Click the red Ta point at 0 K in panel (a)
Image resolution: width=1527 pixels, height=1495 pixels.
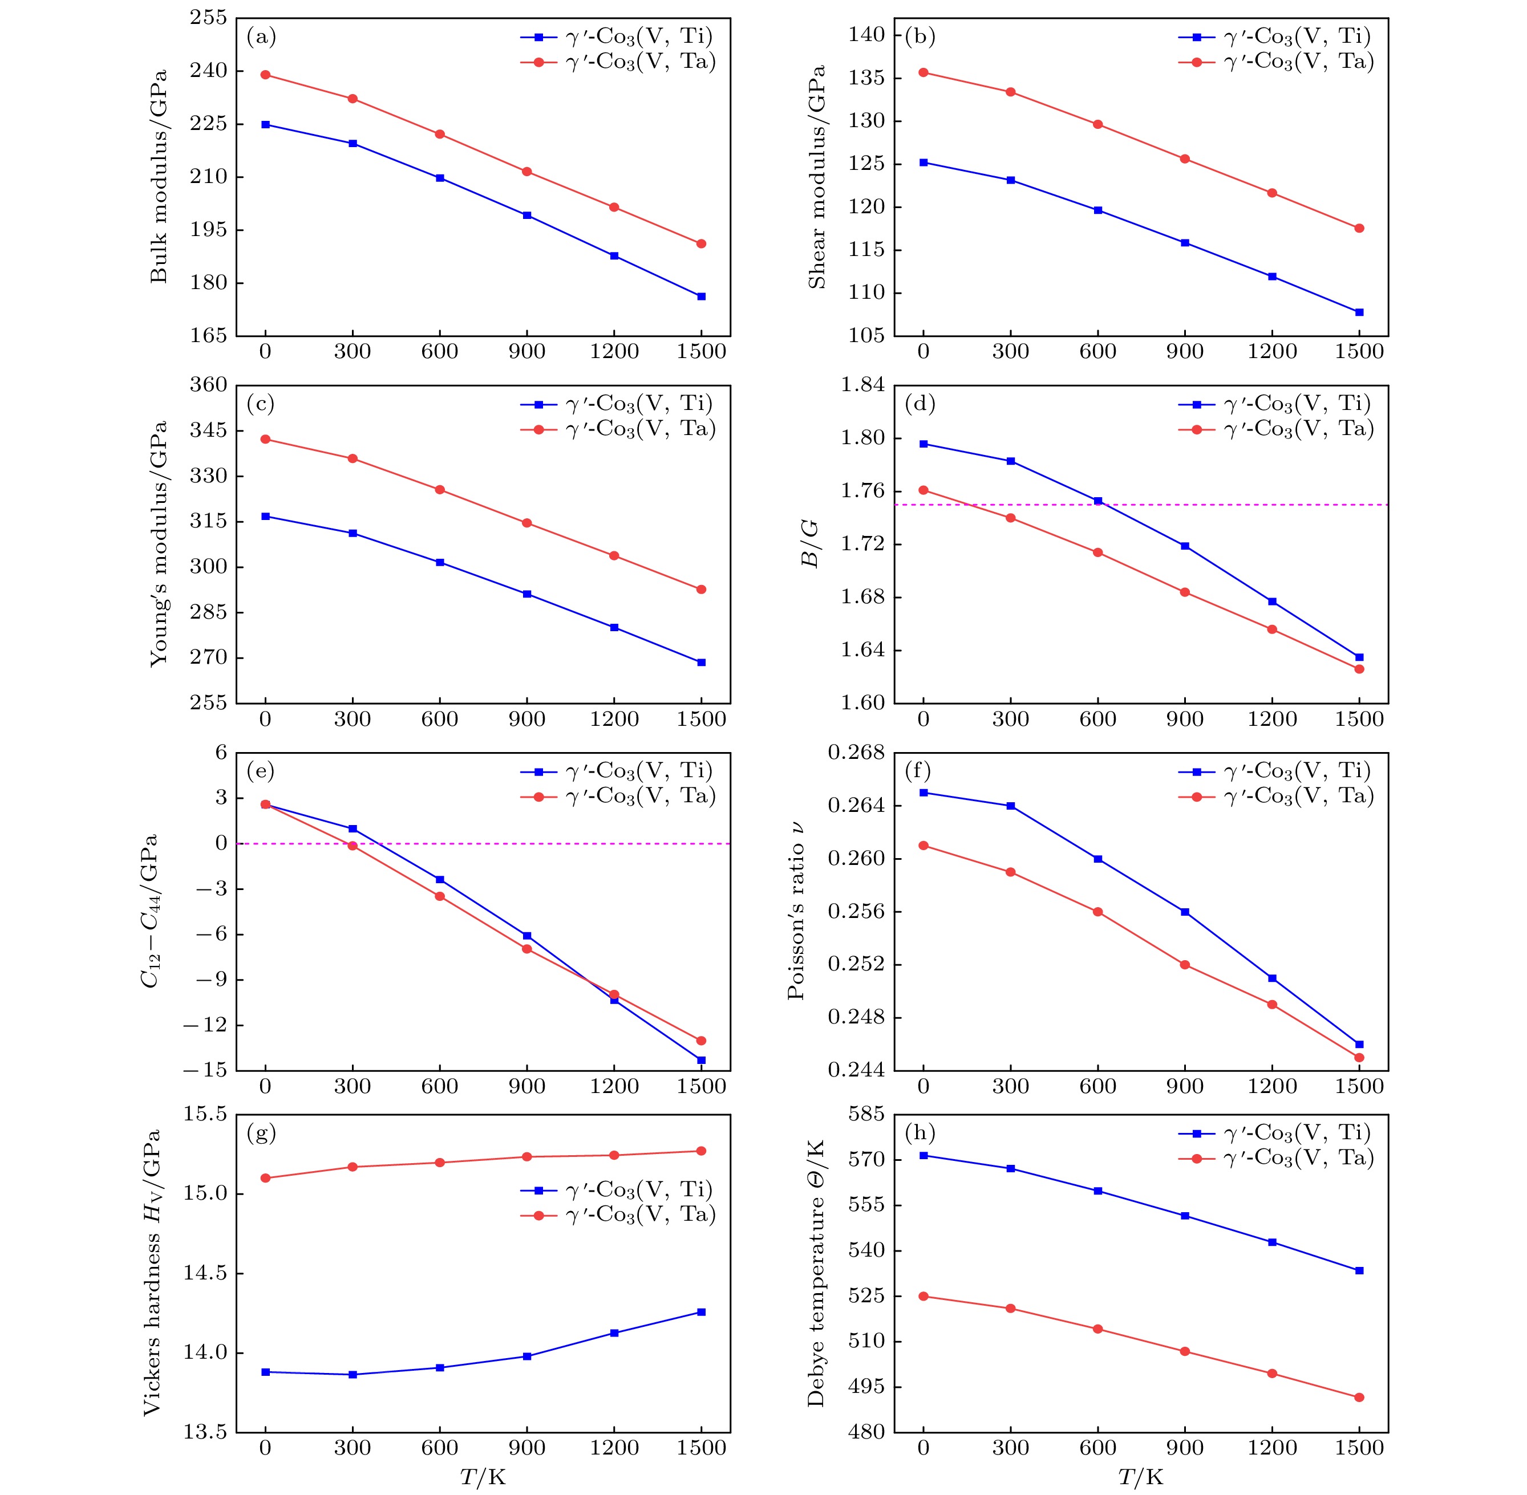tap(265, 75)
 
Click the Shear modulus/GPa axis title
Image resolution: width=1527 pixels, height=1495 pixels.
tap(818, 177)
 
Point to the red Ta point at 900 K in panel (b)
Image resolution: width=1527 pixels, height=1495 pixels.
tap(1185, 159)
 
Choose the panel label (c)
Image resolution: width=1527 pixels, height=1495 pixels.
tap(261, 404)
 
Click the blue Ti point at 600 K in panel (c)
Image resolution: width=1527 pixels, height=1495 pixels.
tap(440, 562)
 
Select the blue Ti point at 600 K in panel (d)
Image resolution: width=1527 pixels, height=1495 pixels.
tap(1097, 501)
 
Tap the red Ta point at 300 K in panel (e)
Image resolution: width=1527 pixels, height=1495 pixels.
tap(353, 846)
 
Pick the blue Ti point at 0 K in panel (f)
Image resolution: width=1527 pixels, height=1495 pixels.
tap(924, 792)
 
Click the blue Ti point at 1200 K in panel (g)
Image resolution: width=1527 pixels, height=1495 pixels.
tap(614, 1332)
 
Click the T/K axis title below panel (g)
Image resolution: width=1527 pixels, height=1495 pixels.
tap(483, 1477)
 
